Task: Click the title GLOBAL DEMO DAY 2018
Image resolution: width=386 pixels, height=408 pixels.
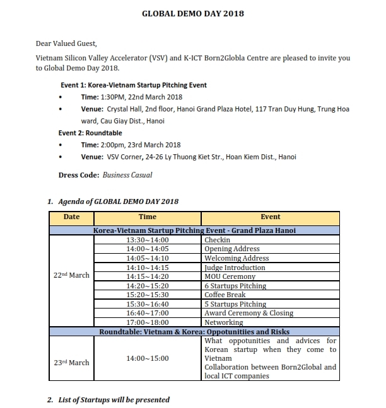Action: coord(192,13)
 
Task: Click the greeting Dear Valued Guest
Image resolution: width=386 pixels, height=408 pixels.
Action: coord(67,43)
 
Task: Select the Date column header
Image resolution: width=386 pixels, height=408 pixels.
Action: coord(72,217)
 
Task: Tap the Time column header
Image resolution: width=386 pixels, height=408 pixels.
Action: coord(148,217)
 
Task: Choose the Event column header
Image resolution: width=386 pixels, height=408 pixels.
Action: coord(270,217)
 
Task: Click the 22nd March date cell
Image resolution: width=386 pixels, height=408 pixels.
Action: coord(71,275)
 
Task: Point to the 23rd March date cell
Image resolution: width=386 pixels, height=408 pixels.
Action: coord(71,363)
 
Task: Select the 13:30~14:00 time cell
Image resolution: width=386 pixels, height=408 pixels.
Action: coord(148,240)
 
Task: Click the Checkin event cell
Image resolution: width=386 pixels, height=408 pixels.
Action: coord(217,240)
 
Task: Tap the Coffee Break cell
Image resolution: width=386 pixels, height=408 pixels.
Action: coord(225,295)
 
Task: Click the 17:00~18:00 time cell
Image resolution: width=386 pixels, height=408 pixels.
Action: coord(148,322)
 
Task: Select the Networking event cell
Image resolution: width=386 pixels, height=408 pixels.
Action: coord(223,322)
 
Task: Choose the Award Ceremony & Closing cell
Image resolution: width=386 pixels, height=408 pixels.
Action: coord(249,313)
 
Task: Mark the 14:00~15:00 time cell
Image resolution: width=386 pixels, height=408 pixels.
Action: coord(148,358)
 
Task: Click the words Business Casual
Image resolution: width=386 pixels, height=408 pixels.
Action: coord(127,175)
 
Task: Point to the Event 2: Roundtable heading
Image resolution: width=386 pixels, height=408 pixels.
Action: coord(90,133)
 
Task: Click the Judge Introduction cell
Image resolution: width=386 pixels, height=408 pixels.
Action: coord(235,268)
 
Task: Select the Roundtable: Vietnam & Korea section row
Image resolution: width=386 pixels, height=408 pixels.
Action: coord(194,331)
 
